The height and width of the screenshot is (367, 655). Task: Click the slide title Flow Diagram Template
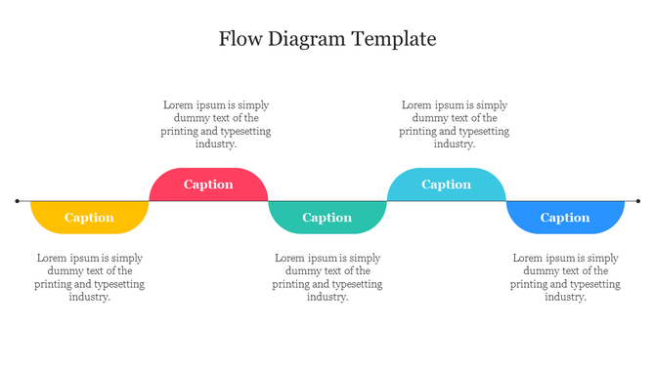327,39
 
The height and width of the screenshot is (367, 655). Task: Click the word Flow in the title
240,39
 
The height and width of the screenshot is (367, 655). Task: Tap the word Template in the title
393,40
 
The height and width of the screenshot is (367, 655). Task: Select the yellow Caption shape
89,217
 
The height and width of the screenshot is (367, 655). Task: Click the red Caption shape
208,184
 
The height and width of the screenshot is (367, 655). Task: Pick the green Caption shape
327,217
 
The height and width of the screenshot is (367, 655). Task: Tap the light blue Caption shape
446,184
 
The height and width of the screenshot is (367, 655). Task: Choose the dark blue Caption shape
565,217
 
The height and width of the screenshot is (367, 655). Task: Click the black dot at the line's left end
18,201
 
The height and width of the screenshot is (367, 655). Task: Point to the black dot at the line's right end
637,201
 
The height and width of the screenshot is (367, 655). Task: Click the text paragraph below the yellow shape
89,278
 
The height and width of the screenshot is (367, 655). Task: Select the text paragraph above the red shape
216,124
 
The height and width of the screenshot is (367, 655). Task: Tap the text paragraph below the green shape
327,278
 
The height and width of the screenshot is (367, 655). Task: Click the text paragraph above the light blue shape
455,124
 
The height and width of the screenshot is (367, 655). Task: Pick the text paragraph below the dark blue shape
565,278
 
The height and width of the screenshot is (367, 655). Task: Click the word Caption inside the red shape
208,184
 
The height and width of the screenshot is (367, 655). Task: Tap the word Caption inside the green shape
327,218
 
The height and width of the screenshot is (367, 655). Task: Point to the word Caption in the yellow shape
89,218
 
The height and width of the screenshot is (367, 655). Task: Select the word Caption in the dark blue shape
565,218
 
